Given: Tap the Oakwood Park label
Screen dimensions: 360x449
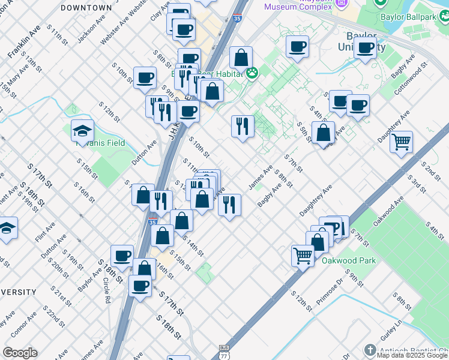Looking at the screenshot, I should pyautogui.click(x=349, y=260).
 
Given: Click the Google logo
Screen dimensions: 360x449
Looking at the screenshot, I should pyautogui.click(x=20, y=353).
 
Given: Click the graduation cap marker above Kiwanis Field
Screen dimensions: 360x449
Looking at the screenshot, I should pyautogui.click(x=82, y=131).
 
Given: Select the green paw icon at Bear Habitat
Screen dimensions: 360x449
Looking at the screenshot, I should pyautogui.click(x=252, y=73).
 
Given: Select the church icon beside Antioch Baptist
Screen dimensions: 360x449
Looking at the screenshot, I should pyautogui.click(x=370, y=350).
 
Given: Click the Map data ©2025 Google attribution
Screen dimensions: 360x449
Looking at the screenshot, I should pyautogui.click(x=412, y=355).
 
